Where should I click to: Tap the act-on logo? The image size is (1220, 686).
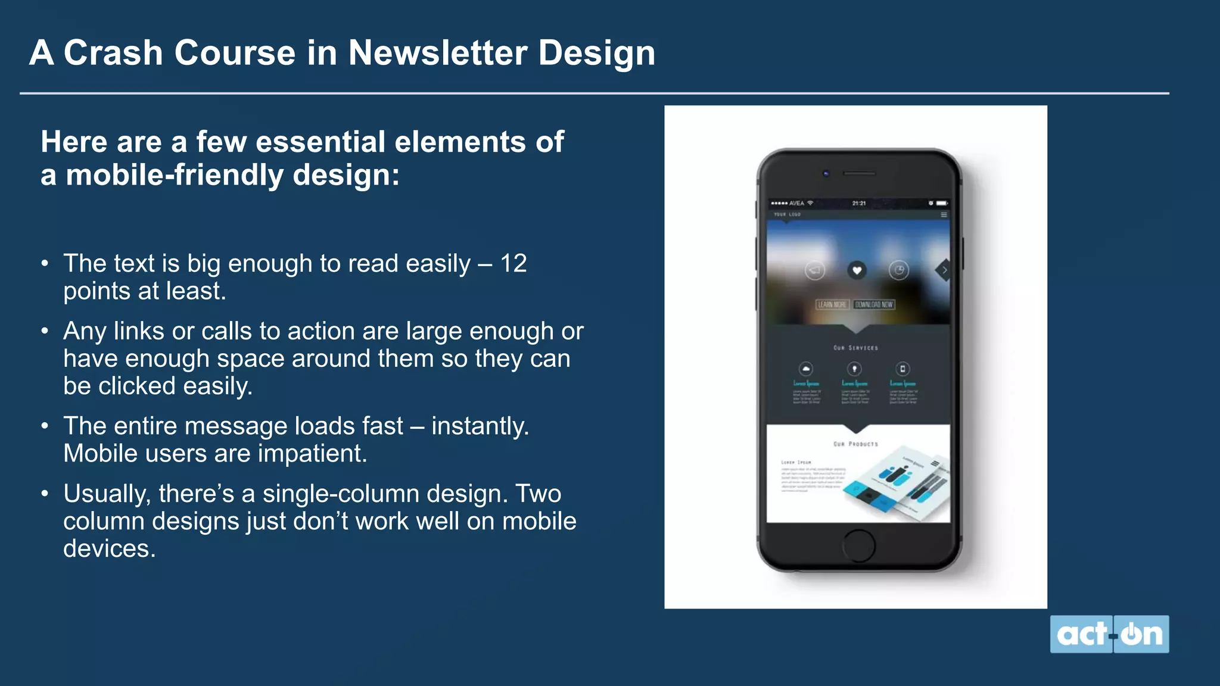pyautogui.click(x=1109, y=634)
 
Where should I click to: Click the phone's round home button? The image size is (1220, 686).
pyautogui.click(x=858, y=545)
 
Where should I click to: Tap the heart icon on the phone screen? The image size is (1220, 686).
pyautogui.click(x=857, y=270)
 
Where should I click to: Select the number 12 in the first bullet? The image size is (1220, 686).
pyautogui.click(x=513, y=263)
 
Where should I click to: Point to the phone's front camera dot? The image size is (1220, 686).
pyautogui.click(x=826, y=173)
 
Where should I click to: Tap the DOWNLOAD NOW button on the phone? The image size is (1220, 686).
pyautogui.click(x=874, y=304)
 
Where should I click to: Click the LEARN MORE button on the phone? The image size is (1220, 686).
pyautogui.click(x=832, y=304)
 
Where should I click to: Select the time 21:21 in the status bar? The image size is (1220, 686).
pyautogui.click(x=858, y=203)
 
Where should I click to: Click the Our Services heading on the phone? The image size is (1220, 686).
pyautogui.click(x=855, y=348)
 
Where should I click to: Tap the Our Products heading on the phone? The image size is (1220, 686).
pyautogui.click(x=855, y=444)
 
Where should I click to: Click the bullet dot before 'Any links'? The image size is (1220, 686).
pyautogui.click(x=45, y=331)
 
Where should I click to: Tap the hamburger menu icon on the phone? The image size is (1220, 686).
pyautogui.click(x=944, y=214)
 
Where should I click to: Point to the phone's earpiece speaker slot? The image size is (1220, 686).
pyautogui.click(x=859, y=173)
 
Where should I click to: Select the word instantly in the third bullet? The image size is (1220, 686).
pyautogui.click(x=479, y=426)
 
